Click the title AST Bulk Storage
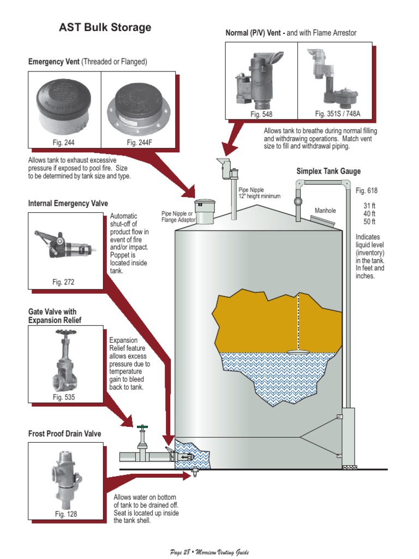tap(105, 28)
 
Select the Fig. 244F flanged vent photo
tap(139, 106)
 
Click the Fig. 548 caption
tap(261, 114)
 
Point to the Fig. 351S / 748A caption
tap(335, 114)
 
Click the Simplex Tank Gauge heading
tap(328, 171)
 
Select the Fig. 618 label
tap(366, 191)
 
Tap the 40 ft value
tap(369, 213)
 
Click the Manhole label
tap(325, 210)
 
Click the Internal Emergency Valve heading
tap(66, 204)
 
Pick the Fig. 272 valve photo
tap(64, 243)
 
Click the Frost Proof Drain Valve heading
tap(64, 434)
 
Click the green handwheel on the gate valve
tap(142, 426)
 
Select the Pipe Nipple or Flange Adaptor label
tap(177, 217)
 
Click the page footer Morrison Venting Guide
tap(209, 551)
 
